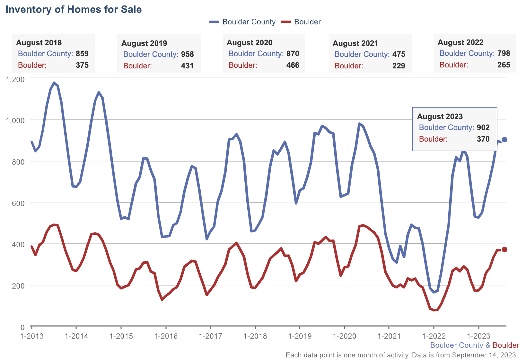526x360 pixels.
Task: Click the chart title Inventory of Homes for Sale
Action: click(x=74, y=9)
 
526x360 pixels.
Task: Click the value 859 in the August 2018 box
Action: click(x=82, y=54)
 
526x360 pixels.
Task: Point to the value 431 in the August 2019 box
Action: click(x=187, y=66)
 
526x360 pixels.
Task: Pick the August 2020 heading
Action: click(x=250, y=43)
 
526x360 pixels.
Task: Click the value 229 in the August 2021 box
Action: click(x=399, y=66)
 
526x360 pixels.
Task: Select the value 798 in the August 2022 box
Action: click(x=504, y=53)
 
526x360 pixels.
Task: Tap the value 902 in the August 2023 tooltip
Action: click(x=483, y=127)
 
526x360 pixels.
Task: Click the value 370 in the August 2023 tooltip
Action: click(x=483, y=139)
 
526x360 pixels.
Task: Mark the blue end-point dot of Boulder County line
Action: click(x=504, y=139)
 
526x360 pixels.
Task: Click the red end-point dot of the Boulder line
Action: click(x=504, y=250)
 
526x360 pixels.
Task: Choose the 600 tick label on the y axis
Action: click(x=19, y=203)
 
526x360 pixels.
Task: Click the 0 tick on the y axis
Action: click(x=22, y=327)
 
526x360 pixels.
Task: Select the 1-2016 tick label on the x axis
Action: click(x=166, y=336)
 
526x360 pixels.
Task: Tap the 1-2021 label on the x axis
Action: click(x=389, y=336)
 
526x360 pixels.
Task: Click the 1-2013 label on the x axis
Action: click(x=32, y=336)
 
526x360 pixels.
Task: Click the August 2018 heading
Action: click(x=39, y=43)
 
